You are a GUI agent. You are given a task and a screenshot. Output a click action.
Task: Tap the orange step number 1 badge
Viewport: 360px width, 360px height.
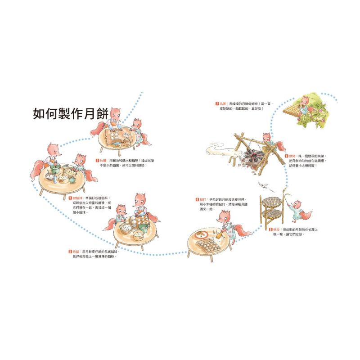(x=97, y=159)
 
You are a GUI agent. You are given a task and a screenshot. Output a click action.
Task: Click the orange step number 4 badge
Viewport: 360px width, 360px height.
(x=197, y=199)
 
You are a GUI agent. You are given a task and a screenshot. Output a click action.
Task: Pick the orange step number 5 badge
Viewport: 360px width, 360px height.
(x=265, y=229)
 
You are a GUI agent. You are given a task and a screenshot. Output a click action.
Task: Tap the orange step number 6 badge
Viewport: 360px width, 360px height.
(x=286, y=156)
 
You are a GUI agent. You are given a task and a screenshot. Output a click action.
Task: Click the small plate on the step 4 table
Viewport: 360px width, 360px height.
(x=202, y=234)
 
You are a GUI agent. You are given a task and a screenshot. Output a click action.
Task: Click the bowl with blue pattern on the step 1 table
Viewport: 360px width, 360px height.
(x=117, y=144)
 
